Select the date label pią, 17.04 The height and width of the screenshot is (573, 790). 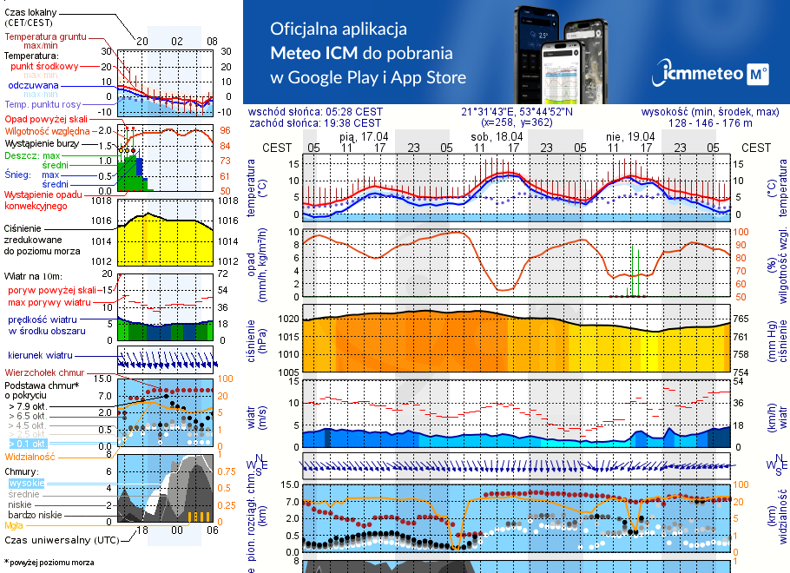click(x=363, y=136)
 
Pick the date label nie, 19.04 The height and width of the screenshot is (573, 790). click(x=630, y=136)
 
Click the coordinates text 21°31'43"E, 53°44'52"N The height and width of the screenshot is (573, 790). click(x=517, y=112)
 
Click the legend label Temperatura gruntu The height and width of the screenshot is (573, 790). click(x=44, y=37)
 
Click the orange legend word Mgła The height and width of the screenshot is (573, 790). click(x=14, y=525)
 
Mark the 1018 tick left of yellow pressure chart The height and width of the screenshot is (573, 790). click(x=102, y=201)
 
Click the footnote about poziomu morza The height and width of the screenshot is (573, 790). click(x=49, y=563)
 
